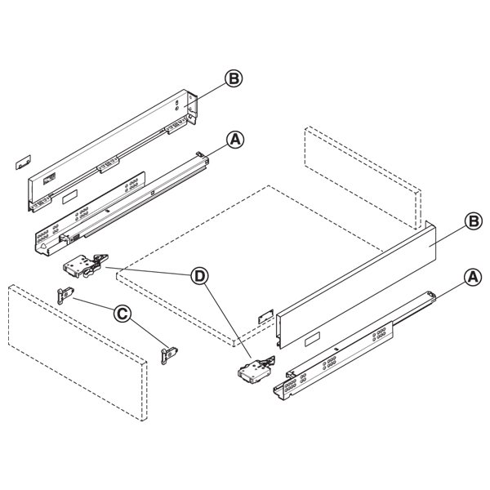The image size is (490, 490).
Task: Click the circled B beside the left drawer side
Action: (234, 78)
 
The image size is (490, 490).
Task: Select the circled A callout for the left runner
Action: (235, 140)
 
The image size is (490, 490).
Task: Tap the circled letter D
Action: (200, 276)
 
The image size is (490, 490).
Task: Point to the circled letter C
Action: (122, 314)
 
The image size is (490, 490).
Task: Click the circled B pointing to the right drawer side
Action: (474, 221)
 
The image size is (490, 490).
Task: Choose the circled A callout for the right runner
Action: (473, 278)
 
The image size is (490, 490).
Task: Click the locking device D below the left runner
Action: (86, 265)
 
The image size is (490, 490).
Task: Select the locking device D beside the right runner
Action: (256, 371)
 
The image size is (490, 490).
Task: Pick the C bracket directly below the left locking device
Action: (65, 296)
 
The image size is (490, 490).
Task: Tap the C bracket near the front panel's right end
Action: (169, 355)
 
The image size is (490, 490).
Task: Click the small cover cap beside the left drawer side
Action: (24, 162)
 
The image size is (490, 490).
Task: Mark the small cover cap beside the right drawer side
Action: (265, 316)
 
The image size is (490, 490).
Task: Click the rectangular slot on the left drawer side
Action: (69, 197)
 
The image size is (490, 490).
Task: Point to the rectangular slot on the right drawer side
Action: (312, 340)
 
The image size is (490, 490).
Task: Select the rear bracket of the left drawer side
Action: (192, 107)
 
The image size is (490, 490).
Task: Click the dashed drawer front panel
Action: (78, 353)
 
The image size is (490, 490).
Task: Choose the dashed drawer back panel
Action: (363, 178)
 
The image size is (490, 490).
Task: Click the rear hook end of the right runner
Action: (431, 296)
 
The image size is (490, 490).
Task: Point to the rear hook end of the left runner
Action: (203, 157)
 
